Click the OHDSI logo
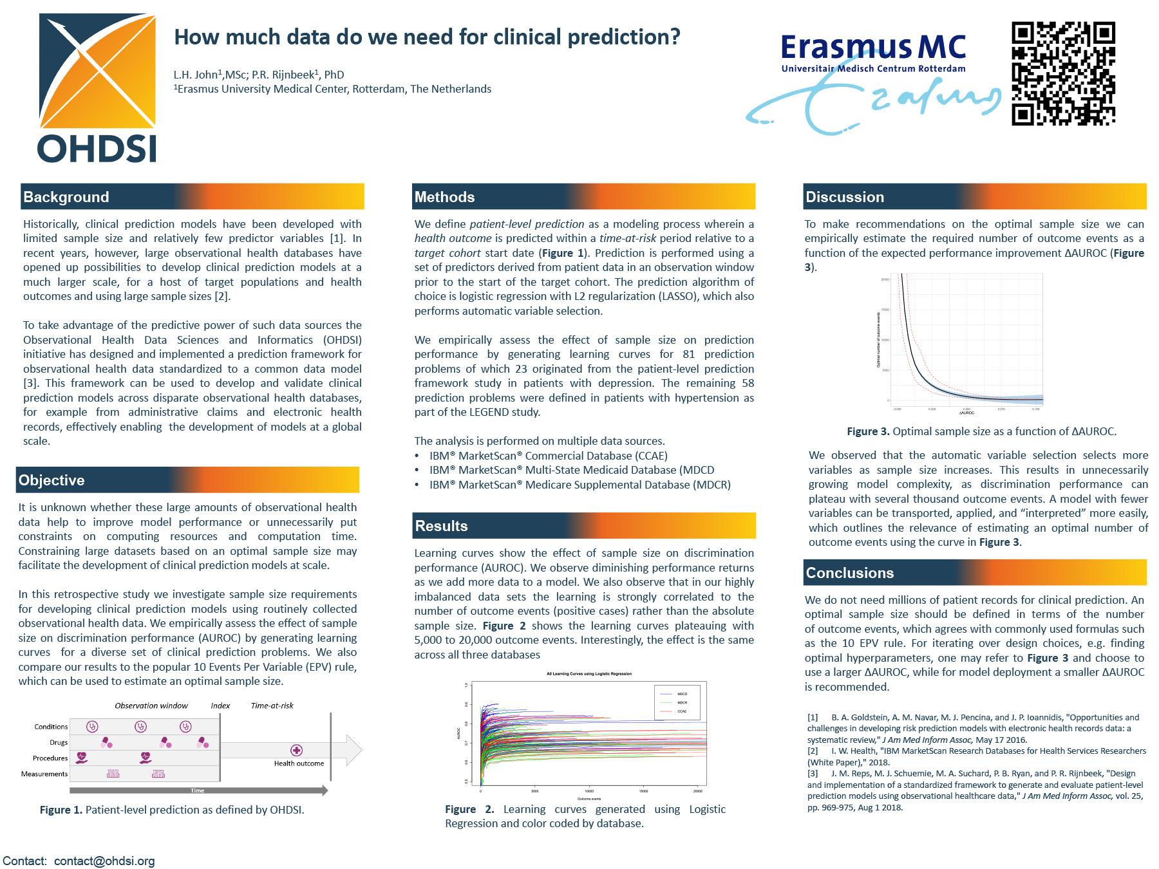(97, 88)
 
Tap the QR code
(1063, 73)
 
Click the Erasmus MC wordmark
(873, 48)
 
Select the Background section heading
(66, 197)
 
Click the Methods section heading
(444, 197)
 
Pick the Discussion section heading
(845, 197)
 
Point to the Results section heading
(442, 526)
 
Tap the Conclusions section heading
(850, 573)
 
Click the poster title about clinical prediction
(427, 37)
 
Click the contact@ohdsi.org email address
(104, 861)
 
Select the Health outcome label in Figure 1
(299, 763)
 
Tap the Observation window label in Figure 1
(151, 705)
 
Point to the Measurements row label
(44, 774)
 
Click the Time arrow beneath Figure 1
(198, 790)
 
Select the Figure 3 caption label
(868, 431)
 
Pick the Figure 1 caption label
(61, 810)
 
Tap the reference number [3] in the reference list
(813, 774)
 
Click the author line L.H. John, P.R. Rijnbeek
(259, 75)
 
